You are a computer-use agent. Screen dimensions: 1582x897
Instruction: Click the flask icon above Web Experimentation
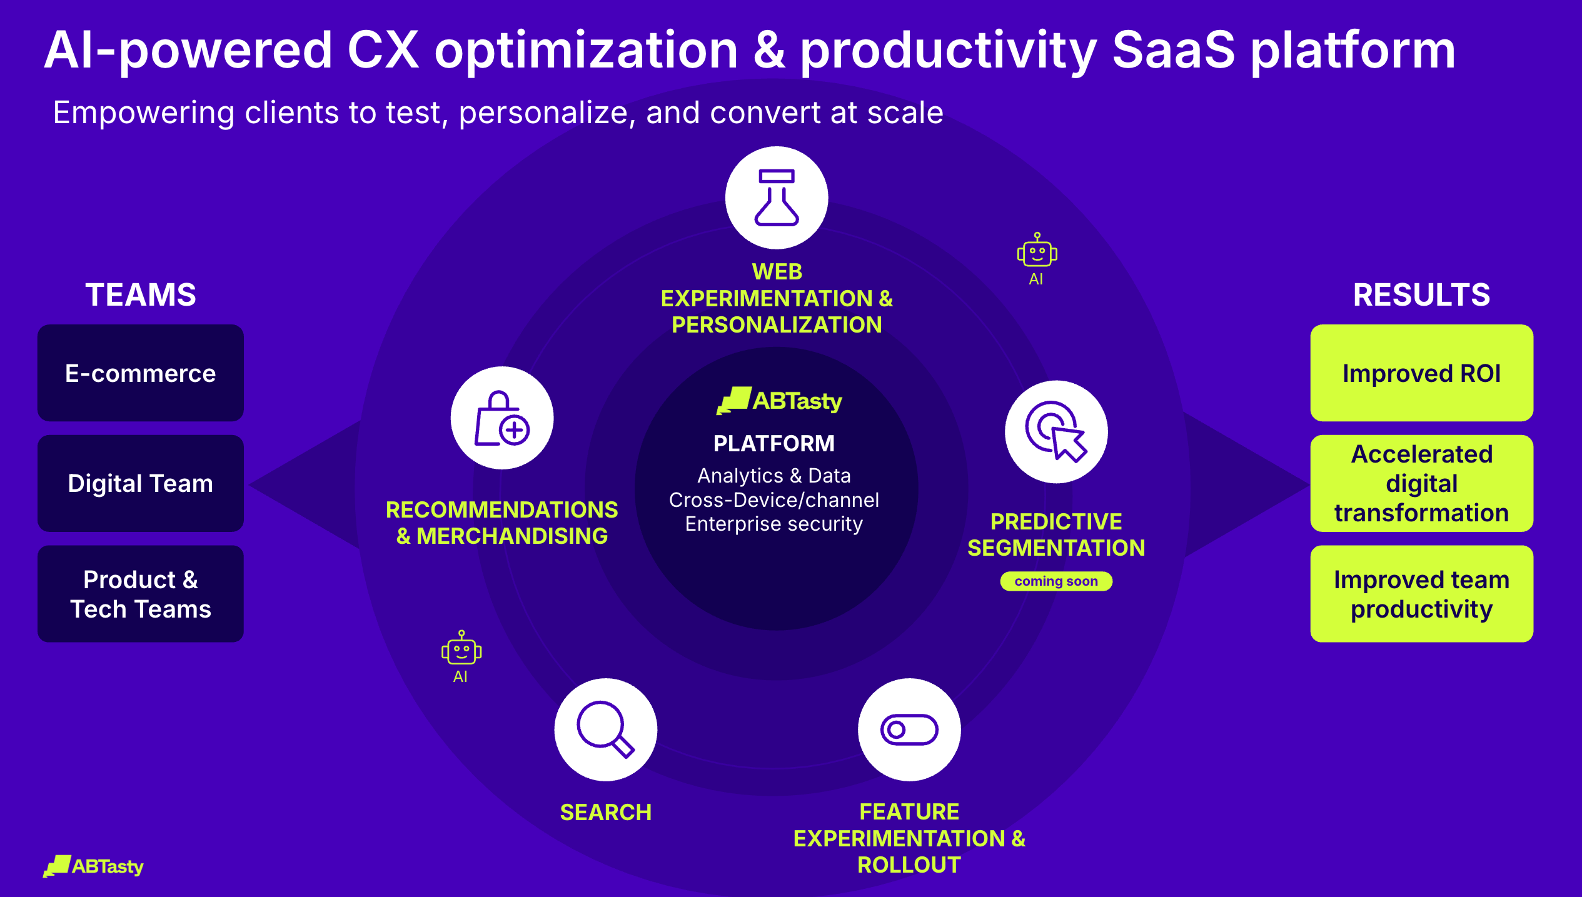point(777,198)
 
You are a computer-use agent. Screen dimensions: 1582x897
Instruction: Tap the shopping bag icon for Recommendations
point(502,418)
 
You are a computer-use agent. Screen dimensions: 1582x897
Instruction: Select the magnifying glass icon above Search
point(605,729)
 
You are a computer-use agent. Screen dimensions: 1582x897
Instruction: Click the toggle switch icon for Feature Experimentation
point(909,729)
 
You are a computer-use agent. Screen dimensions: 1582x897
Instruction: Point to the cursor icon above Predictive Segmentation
point(1056,431)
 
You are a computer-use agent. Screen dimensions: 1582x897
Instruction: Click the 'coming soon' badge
point(1056,581)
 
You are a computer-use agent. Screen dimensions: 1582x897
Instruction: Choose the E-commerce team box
point(141,373)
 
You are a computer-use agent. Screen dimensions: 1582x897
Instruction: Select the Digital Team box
point(141,483)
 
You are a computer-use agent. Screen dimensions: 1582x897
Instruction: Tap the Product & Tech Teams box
point(141,594)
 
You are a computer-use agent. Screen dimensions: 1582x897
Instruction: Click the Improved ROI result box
point(1422,373)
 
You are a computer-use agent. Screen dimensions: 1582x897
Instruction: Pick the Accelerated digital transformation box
point(1422,483)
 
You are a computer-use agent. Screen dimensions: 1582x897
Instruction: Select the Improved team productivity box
point(1422,594)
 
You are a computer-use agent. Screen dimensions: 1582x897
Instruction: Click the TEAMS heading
point(141,295)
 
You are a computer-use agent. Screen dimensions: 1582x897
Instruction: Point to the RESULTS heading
point(1422,295)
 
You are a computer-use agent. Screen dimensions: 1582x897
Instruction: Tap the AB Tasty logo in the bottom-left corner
point(93,866)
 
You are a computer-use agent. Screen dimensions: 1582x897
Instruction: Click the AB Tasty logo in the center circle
point(779,401)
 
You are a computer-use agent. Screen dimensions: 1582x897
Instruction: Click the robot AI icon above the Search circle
point(461,656)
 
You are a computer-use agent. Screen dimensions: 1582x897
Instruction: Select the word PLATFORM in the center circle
point(774,443)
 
